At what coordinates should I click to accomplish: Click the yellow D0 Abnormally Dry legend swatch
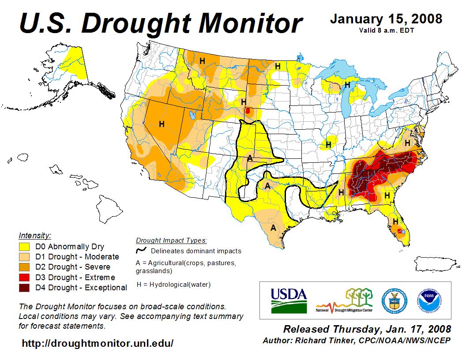(24, 247)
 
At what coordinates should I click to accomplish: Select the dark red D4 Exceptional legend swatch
(24, 288)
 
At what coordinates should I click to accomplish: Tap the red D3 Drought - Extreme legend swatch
(24, 277)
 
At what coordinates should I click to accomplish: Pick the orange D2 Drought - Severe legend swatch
(24, 267)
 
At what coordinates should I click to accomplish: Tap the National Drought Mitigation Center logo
(345, 300)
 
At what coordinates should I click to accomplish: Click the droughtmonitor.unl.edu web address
(98, 343)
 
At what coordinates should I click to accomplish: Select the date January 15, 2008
(386, 19)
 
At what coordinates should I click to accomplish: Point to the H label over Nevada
(162, 124)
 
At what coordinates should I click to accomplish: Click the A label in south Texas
(274, 228)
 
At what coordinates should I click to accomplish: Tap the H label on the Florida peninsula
(396, 221)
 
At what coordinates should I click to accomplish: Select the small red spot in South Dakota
(248, 111)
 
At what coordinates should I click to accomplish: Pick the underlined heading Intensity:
(35, 235)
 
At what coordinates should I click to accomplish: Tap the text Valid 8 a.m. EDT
(386, 30)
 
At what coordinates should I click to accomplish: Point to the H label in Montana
(202, 61)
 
